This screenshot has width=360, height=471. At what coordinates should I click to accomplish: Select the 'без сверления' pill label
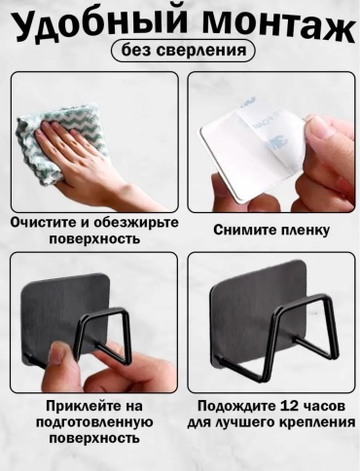[x=184, y=51]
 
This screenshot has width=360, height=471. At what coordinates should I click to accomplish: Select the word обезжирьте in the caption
[x=136, y=223]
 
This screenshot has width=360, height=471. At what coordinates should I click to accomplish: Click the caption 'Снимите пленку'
[x=271, y=230]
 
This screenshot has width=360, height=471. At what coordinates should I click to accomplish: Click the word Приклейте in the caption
[x=80, y=406]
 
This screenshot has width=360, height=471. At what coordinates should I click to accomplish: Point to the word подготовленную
[x=94, y=422]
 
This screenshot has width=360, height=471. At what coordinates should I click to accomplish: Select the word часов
[x=320, y=406]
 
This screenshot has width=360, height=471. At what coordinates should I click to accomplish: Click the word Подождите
[x=234, y=407]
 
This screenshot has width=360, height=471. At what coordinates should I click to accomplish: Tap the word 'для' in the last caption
[x=199, y=423]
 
